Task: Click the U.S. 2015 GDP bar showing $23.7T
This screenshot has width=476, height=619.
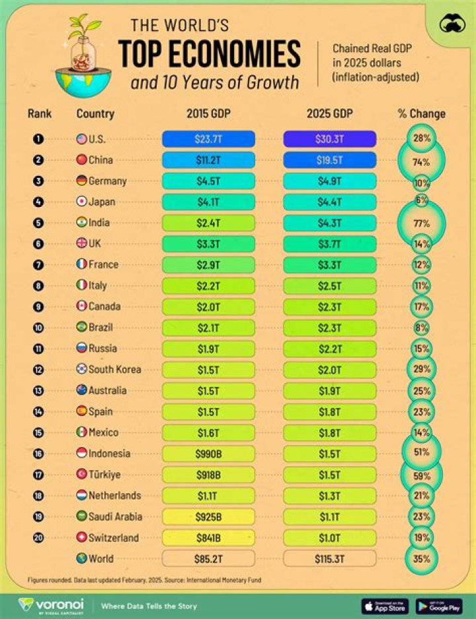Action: point(208,139)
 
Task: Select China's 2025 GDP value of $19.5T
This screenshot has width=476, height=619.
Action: point(330,160)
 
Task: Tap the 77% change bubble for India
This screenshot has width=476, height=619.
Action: point(422,223)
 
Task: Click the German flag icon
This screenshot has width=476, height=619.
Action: point(82,181)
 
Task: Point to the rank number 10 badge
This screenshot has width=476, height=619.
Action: point(39,327)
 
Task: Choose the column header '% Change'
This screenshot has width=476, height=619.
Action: point(422,113)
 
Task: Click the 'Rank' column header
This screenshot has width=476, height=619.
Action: point(40,113)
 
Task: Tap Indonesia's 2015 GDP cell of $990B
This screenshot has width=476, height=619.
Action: point(208,453)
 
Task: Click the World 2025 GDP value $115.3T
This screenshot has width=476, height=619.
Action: point(330,558)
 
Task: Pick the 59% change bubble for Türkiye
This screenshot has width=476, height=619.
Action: point(422,474)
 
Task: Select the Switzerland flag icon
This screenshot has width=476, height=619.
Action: point(82,537)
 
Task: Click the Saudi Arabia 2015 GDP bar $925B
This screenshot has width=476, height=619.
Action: point(208,516)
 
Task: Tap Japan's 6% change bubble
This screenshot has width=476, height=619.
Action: point(422,201)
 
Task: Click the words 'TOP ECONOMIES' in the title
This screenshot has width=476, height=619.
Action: point(210,54)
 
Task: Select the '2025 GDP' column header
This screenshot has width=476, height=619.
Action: point(330,113)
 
